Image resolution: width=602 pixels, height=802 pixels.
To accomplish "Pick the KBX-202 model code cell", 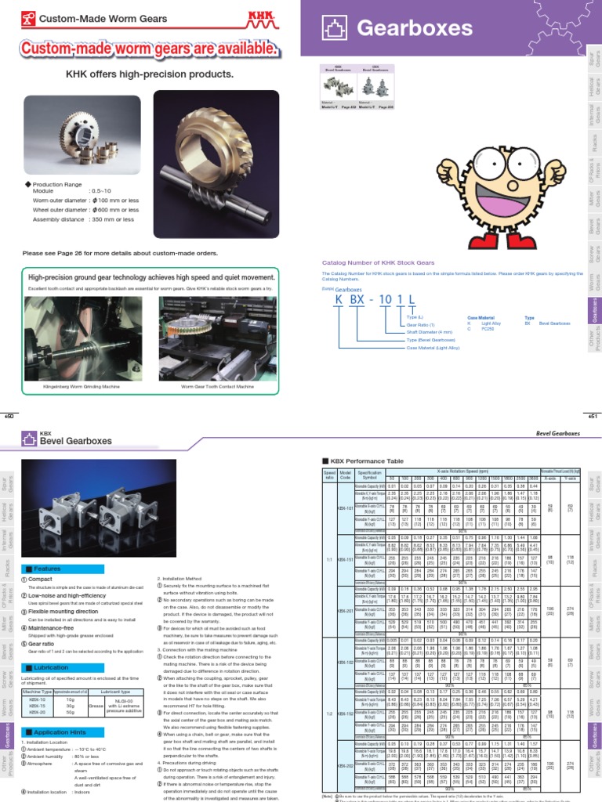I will click(344, 766).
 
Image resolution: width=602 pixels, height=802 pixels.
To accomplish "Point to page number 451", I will click(592, 417).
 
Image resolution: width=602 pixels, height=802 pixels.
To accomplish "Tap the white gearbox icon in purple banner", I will click(334, 29).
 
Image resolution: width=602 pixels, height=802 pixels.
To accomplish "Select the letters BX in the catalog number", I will click(357, 301).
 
